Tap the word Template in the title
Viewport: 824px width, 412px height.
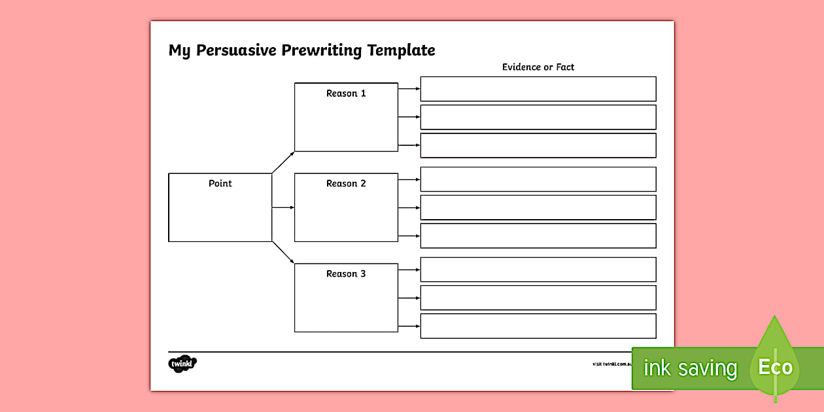pos(401,50)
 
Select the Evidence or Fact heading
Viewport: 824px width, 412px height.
pos(538,67)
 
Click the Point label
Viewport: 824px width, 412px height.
pos(220,183)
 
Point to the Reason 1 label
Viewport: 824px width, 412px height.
pos(346,94)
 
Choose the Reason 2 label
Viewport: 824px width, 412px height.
pos(346,184)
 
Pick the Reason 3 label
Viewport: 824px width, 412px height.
pos(346,274)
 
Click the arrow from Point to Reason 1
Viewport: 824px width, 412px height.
pos(283,162)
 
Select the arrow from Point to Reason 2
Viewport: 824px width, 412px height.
pos(283,207)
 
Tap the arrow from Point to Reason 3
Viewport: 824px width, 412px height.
pos(283,252)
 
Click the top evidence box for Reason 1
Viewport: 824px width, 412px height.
pos(538,89)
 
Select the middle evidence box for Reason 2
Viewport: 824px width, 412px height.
pos(538,207)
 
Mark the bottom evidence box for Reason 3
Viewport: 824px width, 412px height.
pos(538,326)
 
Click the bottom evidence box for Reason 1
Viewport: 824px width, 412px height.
pos(538,145)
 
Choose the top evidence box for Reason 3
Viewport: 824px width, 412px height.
pos(538,269)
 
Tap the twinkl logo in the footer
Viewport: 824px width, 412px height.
pos(182,363)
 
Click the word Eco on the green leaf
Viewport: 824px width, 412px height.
pos(775,367)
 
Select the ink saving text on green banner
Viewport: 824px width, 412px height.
pos(690,369)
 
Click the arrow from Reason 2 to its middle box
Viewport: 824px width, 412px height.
pos(409,207)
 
